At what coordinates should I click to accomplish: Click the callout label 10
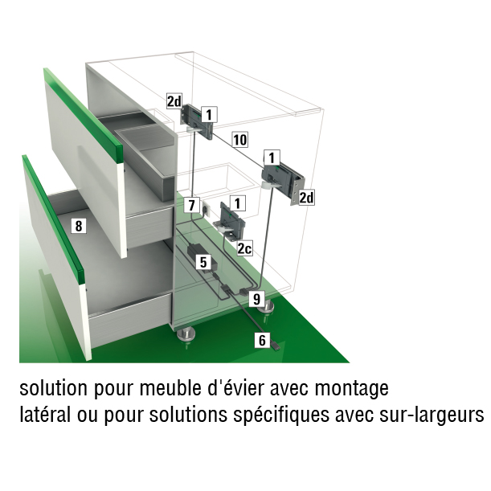click(240, 140)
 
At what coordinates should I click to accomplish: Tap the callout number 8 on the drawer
click(79, 226)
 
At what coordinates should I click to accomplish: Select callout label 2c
click(244, 248)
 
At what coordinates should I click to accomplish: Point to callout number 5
click(203, 262)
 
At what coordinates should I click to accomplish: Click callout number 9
click(256, 299)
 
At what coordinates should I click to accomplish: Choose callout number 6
click(263, 340)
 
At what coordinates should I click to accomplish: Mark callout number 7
click(191, 205)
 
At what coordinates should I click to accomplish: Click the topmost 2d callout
click(174, 101)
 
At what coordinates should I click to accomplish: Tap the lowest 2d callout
click(306, 198)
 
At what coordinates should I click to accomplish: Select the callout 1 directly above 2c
click(238, 203)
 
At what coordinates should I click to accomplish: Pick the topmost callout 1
click(209, 115)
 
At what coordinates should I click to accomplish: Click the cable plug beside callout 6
click(276, 346)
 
